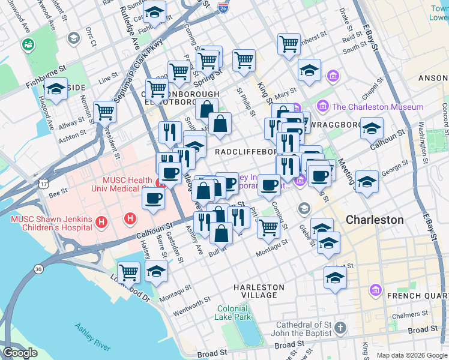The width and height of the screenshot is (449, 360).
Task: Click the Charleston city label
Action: click(x=375, y=220)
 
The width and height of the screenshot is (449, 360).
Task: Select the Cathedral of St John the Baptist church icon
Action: click(x=340, y=328)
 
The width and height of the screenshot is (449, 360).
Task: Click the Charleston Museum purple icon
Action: click(x=323, y=106)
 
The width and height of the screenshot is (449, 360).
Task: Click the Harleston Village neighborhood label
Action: click(x=259, y=292)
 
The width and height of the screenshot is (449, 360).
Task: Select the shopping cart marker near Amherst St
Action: click(x=289, y=43)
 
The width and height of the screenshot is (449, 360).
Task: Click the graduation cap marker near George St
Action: click(x=366, y=181)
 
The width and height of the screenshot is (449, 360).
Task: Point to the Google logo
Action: click(x=20, y=353)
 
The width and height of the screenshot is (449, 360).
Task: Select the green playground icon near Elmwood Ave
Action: click(x=28, y=44)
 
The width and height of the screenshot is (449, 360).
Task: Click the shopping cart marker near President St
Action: click(x=105, y=110)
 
